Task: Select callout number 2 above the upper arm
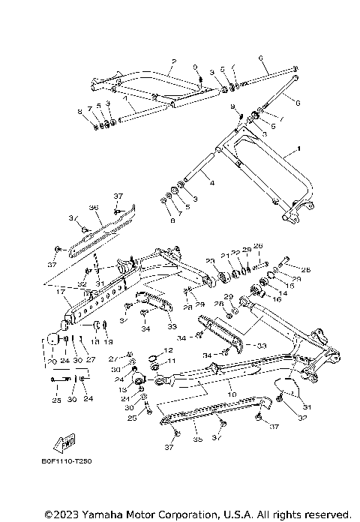click(x=173, y=60)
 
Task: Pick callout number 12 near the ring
click(x=169, y=350)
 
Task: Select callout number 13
click(x=123, y=391)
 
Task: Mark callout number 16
click(x=277, y=299)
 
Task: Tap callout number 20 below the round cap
click(x=51, y=361)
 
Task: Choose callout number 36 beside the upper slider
click(x=94, y=208)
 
